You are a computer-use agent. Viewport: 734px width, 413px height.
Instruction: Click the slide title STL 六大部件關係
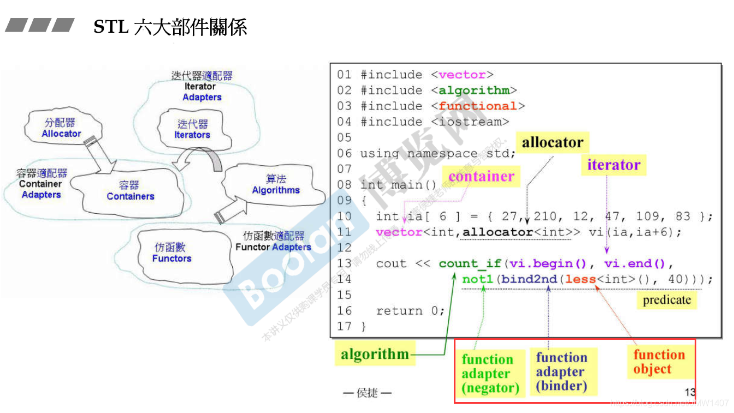[x=170, y=27]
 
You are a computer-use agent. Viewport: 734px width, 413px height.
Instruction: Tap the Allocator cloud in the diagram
[x=61, y=128]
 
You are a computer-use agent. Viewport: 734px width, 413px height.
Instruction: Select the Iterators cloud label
[x=192, y=130]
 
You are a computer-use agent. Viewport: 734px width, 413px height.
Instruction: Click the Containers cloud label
[x=130, y=191]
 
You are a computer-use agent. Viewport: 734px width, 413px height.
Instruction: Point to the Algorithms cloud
[x=276, y=184]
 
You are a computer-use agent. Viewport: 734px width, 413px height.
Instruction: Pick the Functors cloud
[x=171, y=253]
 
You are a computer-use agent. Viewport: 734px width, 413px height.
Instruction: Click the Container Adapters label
[x=41, y=184]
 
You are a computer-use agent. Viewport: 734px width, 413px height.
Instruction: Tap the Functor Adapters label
[x=273, y=242]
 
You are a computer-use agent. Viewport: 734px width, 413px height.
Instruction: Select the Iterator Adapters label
[x=202, y=86]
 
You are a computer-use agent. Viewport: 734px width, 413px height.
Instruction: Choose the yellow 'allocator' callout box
[x=552, y=143]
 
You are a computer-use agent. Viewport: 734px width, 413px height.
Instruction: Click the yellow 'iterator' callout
[x=613, y=165]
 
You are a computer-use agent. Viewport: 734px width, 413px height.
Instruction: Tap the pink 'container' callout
[x=481, y=177]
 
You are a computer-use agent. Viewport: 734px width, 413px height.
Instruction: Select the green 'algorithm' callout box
[x=375, y=354]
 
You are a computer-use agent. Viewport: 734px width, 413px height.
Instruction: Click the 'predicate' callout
[x=666, y=300]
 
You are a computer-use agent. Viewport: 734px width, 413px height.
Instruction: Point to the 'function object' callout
[x=659, y=362]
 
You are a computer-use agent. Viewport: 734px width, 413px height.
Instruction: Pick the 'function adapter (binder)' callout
[x=561, y=372]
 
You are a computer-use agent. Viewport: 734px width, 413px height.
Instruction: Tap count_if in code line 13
[x=470, y=264]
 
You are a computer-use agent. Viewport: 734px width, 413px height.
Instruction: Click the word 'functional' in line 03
[x=477, y=106]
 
